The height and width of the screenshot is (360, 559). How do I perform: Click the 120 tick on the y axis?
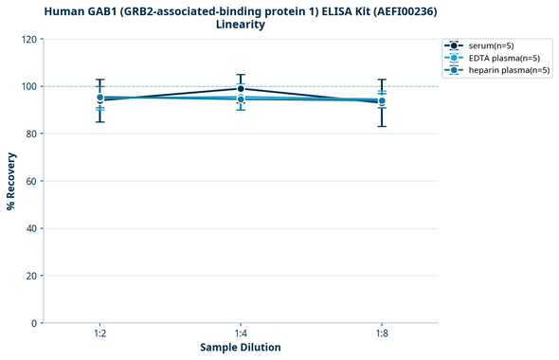pos(28,40)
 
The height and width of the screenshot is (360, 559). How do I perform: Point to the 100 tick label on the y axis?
pos(28,87)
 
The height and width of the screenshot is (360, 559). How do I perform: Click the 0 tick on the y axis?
pos(34,323)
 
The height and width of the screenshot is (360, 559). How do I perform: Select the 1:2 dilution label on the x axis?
pos(99,333)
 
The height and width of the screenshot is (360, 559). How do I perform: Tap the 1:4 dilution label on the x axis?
pos(241,333)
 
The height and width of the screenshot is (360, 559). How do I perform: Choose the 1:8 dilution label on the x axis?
pos(382,333)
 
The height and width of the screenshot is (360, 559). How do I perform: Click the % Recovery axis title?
pos(11,181)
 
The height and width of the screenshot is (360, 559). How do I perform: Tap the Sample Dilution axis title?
pos(241,348)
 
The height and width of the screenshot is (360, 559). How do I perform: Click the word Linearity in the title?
pos(241,25)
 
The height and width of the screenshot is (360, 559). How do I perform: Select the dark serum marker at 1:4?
pos(241,89)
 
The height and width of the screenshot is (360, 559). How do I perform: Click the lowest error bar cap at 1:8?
pos(382,126)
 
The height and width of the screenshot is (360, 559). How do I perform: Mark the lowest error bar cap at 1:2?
pos(99,121)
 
